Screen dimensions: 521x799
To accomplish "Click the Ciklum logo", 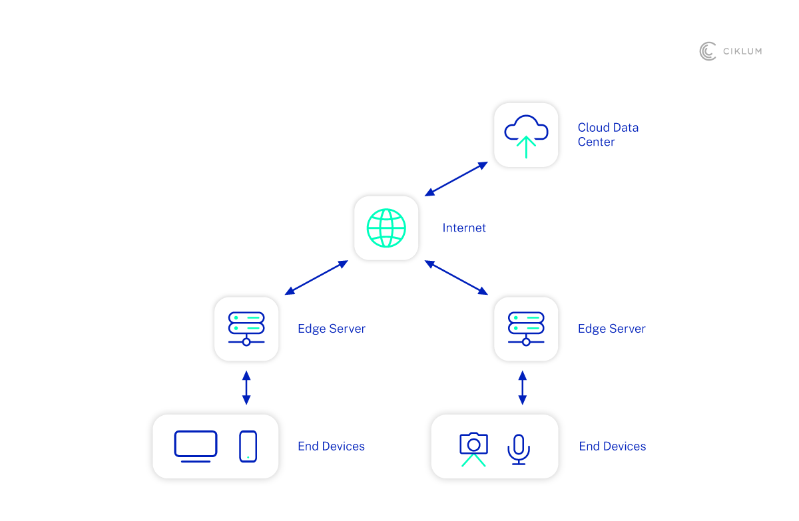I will pos(730,51).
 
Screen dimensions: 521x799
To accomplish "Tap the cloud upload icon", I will pos(526,135).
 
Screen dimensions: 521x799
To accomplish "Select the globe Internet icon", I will pos(386,228).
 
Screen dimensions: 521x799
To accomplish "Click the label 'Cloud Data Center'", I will pos(607,134).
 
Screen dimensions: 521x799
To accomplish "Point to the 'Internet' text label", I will pos(464,228).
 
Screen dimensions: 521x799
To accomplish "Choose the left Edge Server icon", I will pos(246,329).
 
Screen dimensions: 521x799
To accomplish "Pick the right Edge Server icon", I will pos(526,329).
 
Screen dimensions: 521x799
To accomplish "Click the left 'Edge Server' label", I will pos(332,329).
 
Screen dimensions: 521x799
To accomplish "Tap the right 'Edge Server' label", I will pos(611,329).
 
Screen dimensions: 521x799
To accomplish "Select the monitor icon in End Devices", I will pos(196,446).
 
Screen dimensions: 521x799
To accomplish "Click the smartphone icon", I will pos(248,446).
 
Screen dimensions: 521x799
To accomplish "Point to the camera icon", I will pos(473,449).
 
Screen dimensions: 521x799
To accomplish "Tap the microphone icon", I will pos(519,449).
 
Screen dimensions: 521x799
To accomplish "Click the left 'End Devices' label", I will pos(331,446).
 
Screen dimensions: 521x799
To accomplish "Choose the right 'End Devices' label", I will pos(612,446).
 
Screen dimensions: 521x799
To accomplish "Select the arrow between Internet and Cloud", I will pos(456,179).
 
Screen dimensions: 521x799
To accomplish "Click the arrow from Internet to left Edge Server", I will pos(316,277).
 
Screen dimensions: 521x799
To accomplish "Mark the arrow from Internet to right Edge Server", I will pos(456,277).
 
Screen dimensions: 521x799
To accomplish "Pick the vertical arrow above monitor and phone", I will pos(246,388).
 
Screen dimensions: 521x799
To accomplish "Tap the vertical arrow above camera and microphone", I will pos(522,388).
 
